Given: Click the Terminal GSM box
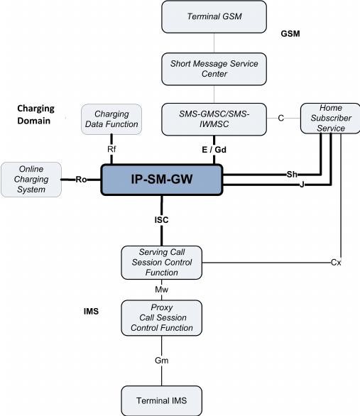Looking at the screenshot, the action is (214, 17).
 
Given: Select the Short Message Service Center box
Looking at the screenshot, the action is (214, 69).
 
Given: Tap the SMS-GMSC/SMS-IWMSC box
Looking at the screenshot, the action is (214, 119).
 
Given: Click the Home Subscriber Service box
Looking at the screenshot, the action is (330, 119).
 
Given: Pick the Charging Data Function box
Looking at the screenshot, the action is (111, 119).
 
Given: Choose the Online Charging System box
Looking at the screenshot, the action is (31, 180).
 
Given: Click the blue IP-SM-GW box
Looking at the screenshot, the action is (162, 180).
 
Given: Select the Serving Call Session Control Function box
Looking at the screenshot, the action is (162, 263).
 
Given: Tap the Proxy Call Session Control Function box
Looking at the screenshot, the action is (162, 318).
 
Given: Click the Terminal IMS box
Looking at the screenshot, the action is (162, 400).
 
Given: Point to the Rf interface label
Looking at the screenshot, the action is (111, 149).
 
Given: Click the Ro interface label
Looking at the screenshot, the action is (81, 180).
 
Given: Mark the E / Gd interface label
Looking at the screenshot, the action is (214, 150).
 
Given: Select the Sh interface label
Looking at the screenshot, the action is (292, 175).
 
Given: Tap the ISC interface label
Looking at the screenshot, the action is (162, 220).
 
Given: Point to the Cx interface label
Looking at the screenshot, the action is (336, 263).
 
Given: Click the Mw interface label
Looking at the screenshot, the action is (162, 290).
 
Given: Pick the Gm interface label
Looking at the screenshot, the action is (162, 361).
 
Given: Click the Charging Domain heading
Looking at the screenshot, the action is (36, 114).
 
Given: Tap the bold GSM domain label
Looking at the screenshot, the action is (290, 33).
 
